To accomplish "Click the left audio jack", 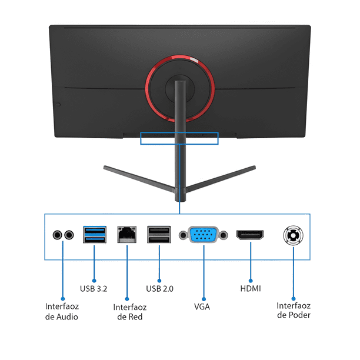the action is [x=57, y=235].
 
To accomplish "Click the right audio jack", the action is [x=69, y=235].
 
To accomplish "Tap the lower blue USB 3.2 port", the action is [x=95, y=239].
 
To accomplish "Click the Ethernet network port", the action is [x=126, y=234].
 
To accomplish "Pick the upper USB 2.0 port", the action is [x=159, y=231].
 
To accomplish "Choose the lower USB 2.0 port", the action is [x=159, y=239].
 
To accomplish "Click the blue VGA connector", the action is [x=203, y=235].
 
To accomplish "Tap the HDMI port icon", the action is [x=250, y=235].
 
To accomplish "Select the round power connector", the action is [x=293, y=235].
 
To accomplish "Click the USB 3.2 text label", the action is [x=94, y=289].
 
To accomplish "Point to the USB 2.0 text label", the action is [x=159, y=289].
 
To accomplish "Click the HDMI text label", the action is [x=251, y=289].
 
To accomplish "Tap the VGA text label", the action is [x=202, y=306].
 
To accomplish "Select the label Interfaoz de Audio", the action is [x=62, y=312].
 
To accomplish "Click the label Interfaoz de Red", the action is [x=130, y=312].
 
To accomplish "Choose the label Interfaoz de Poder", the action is [x=294, y=310].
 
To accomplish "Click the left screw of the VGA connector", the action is [x=183, y=235].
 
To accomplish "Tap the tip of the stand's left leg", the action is [x=105, y=167].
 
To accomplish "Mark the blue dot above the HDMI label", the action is [x=251, y=281].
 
